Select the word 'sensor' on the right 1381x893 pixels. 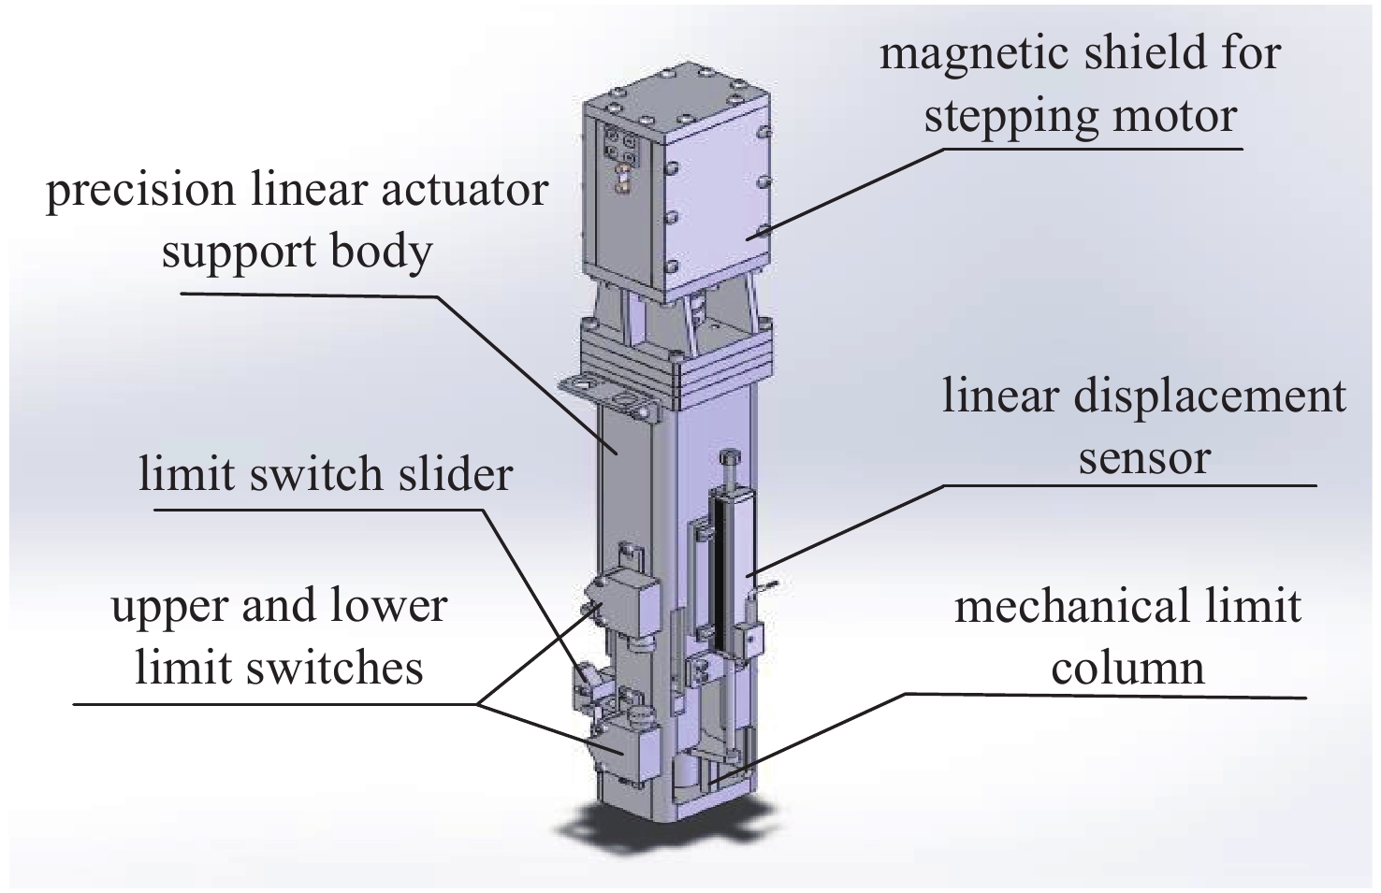point(1144,458)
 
